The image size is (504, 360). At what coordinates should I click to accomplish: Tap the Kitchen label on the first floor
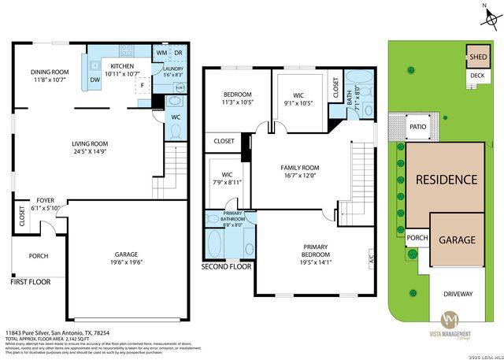tap(122, 69)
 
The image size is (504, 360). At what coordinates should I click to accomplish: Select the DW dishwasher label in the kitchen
tap(95, 80)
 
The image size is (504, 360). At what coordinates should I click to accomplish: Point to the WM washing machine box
tap(161, 53)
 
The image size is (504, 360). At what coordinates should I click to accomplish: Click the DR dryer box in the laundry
tap(179, 53)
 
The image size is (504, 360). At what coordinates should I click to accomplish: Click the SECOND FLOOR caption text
tap(226, 267)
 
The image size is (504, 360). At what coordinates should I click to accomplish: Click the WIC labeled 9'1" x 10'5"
tap(298, 100)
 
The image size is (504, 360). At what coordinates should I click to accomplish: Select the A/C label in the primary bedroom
tap(369, 257)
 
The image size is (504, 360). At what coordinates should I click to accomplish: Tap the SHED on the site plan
tap(478, 57)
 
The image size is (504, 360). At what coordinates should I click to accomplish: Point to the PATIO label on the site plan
tap(417, 124)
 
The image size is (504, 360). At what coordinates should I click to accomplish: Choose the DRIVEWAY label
tap(458, 295)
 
